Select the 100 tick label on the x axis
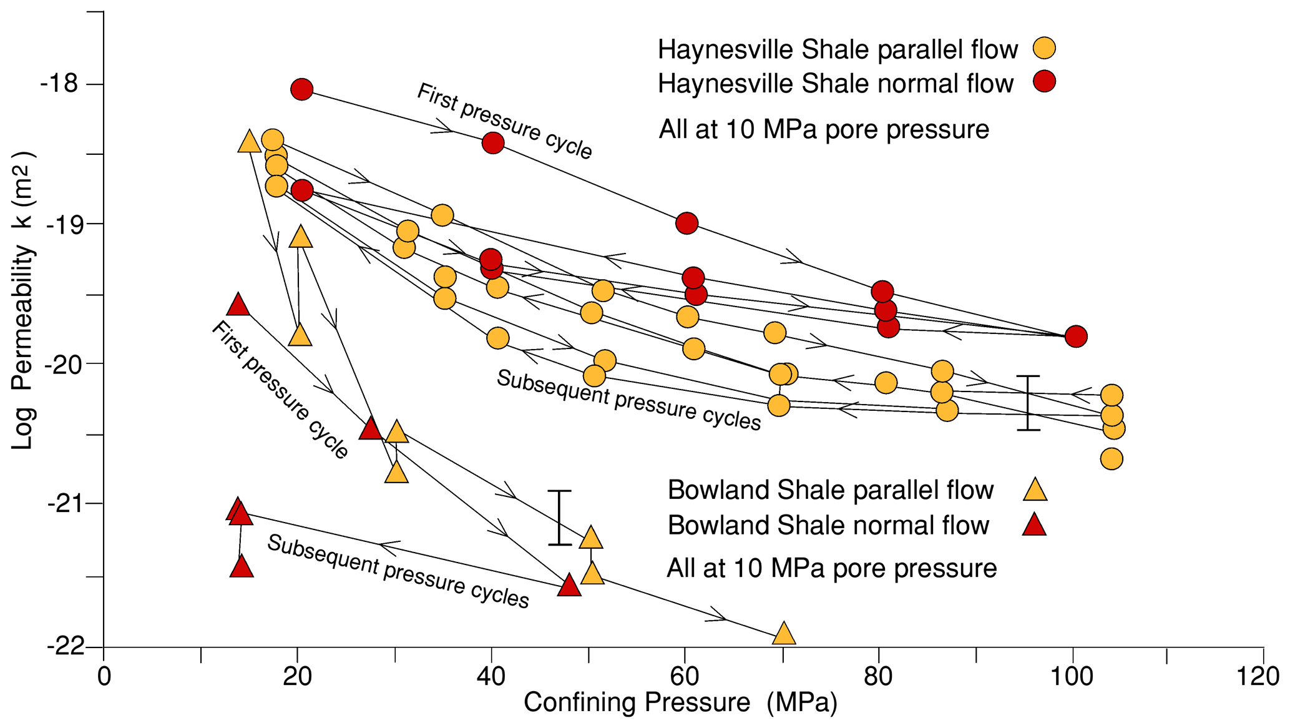(1072, 677)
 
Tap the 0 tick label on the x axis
(104, 677)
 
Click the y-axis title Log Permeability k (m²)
(23, 300)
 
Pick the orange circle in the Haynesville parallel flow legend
(1043, 48)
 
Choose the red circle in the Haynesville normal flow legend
(1043, 81)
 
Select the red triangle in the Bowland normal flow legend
(1034, 526)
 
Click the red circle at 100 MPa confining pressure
(1076, 337)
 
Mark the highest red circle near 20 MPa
(301, 89)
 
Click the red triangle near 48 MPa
(569, 586)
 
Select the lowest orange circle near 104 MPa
(1112, 459)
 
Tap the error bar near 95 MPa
(1028, 403)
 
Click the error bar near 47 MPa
(559, 518)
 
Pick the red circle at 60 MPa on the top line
(687, 223)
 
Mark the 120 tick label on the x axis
(1262, 677)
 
